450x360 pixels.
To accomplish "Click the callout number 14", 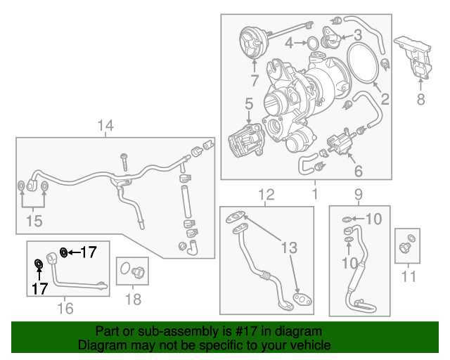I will tap(105, 126).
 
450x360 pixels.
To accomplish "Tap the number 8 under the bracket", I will tap(420, 100).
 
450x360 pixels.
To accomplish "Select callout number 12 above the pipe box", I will tap(266, 193).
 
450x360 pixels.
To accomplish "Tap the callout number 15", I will tap(34, 221).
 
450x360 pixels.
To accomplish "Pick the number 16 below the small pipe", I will tap(65, 307).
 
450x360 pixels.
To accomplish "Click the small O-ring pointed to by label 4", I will tap(311, 44).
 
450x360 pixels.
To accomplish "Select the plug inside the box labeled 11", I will tap(406, 246).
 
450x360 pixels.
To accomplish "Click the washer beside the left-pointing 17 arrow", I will tap(64, 252).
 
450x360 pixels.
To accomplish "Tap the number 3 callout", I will tap(357, 34).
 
